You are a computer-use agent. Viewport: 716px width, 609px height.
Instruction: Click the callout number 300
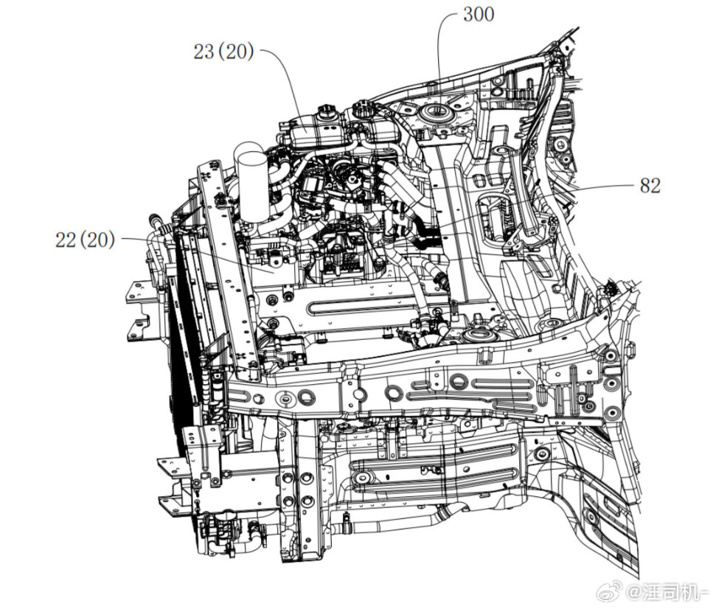coord(479,14)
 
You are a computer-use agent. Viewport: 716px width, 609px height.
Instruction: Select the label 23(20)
coord(223,52)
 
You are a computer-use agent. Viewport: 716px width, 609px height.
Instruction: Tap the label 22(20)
coord(85,240)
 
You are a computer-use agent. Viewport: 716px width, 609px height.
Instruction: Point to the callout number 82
coord(650,186)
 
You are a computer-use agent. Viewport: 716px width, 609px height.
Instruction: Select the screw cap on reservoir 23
coord(327,111)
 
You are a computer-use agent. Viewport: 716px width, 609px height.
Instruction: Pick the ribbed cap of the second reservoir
coord(366,108)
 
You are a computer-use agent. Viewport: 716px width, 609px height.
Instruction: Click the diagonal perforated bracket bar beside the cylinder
coord(229,269)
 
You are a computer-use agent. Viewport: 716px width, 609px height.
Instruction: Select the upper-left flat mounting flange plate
coord(139,292)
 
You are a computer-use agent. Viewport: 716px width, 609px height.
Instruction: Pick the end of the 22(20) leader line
coord(274,273)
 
